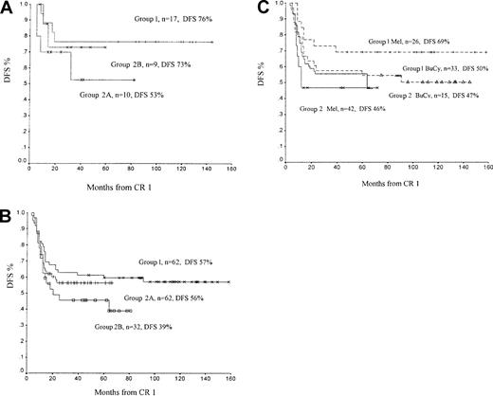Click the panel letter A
point(7,8)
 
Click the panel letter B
point(7,206)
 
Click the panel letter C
point(259,8)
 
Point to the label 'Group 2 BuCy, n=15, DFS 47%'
point(432,97)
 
